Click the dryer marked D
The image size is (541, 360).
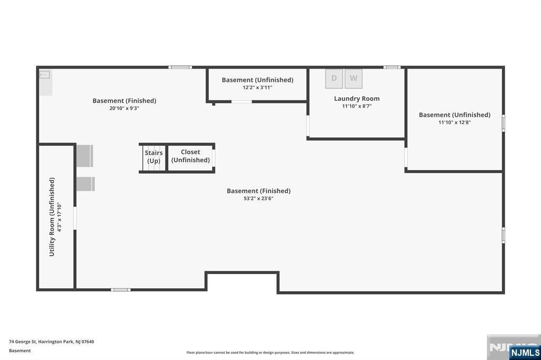(x=334, y=79)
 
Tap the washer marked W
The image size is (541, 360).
(x=353, y=79)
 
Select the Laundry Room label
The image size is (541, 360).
(x=357, y=99)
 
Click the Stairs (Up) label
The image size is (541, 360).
(x=154, y=157)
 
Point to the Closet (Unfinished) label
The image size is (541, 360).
(x=190, y=156)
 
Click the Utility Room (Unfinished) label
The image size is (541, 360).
(x=52, y=217)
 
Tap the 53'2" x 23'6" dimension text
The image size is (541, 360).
(x=258, y=198)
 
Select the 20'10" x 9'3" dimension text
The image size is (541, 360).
(x=124, y=108)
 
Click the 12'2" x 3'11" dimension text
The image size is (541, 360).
(x=257, y=88)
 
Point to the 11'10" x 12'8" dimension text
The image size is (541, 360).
(x=454, y=122)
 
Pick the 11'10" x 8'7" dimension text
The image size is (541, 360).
(x=357, y=106)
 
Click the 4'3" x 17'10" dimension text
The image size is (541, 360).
(x=59, y=217)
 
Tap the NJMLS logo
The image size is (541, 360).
(x=525, y=353)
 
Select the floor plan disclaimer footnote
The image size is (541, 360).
(x=270, y=353)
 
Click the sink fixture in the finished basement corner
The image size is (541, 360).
(x=44, y=75)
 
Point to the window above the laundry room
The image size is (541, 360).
(x=392, y=67)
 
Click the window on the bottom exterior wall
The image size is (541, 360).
(x=121, y=290)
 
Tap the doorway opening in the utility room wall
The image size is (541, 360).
(x=74, y=219)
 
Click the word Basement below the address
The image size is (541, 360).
(x=20, y=350)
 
